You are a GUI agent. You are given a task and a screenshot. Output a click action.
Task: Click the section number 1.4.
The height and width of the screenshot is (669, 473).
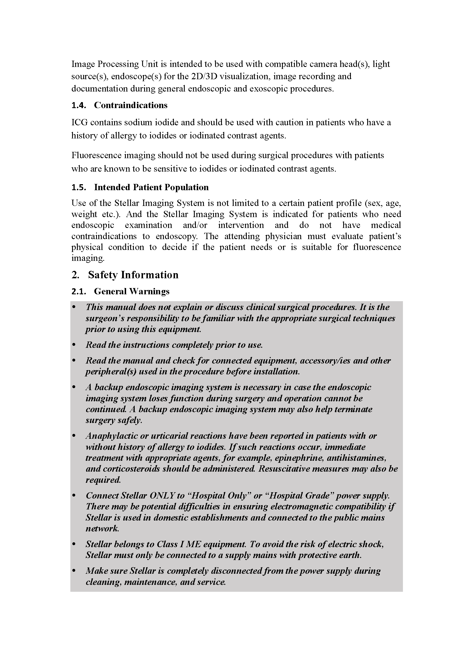pos(79,105)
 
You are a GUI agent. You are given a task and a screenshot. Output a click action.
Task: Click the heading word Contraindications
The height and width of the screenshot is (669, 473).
pos(130,105)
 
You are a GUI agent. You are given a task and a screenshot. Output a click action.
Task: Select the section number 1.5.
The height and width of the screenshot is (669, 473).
pos(79,187)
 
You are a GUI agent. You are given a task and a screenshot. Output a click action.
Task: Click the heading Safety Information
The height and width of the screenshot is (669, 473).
pos(133,275)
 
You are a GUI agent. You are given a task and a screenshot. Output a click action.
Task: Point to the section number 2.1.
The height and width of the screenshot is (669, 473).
pos(79,291)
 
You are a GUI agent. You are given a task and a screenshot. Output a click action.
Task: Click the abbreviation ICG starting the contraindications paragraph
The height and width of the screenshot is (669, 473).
pos(79,122)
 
